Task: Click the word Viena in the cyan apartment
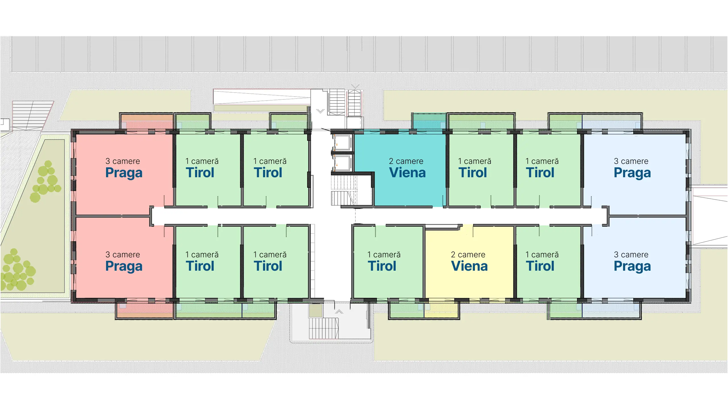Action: (x=407, y=173)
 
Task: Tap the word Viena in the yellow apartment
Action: (x=469, y=266)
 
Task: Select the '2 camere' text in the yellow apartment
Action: (x=468, y=254)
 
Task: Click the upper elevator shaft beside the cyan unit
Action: (x=342, y=142)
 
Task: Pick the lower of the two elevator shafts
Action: (x=342, y=163)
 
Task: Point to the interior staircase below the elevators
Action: (x=344, y=190)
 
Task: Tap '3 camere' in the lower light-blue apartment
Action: (x=631, y=254)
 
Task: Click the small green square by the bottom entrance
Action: (x=315, y=311)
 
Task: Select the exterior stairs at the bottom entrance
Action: (x=324, y=328)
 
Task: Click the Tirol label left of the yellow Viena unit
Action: (x=382, y=266)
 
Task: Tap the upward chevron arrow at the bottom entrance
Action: (x=339, y=312)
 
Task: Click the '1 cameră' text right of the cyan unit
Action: (x=475, y=161)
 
